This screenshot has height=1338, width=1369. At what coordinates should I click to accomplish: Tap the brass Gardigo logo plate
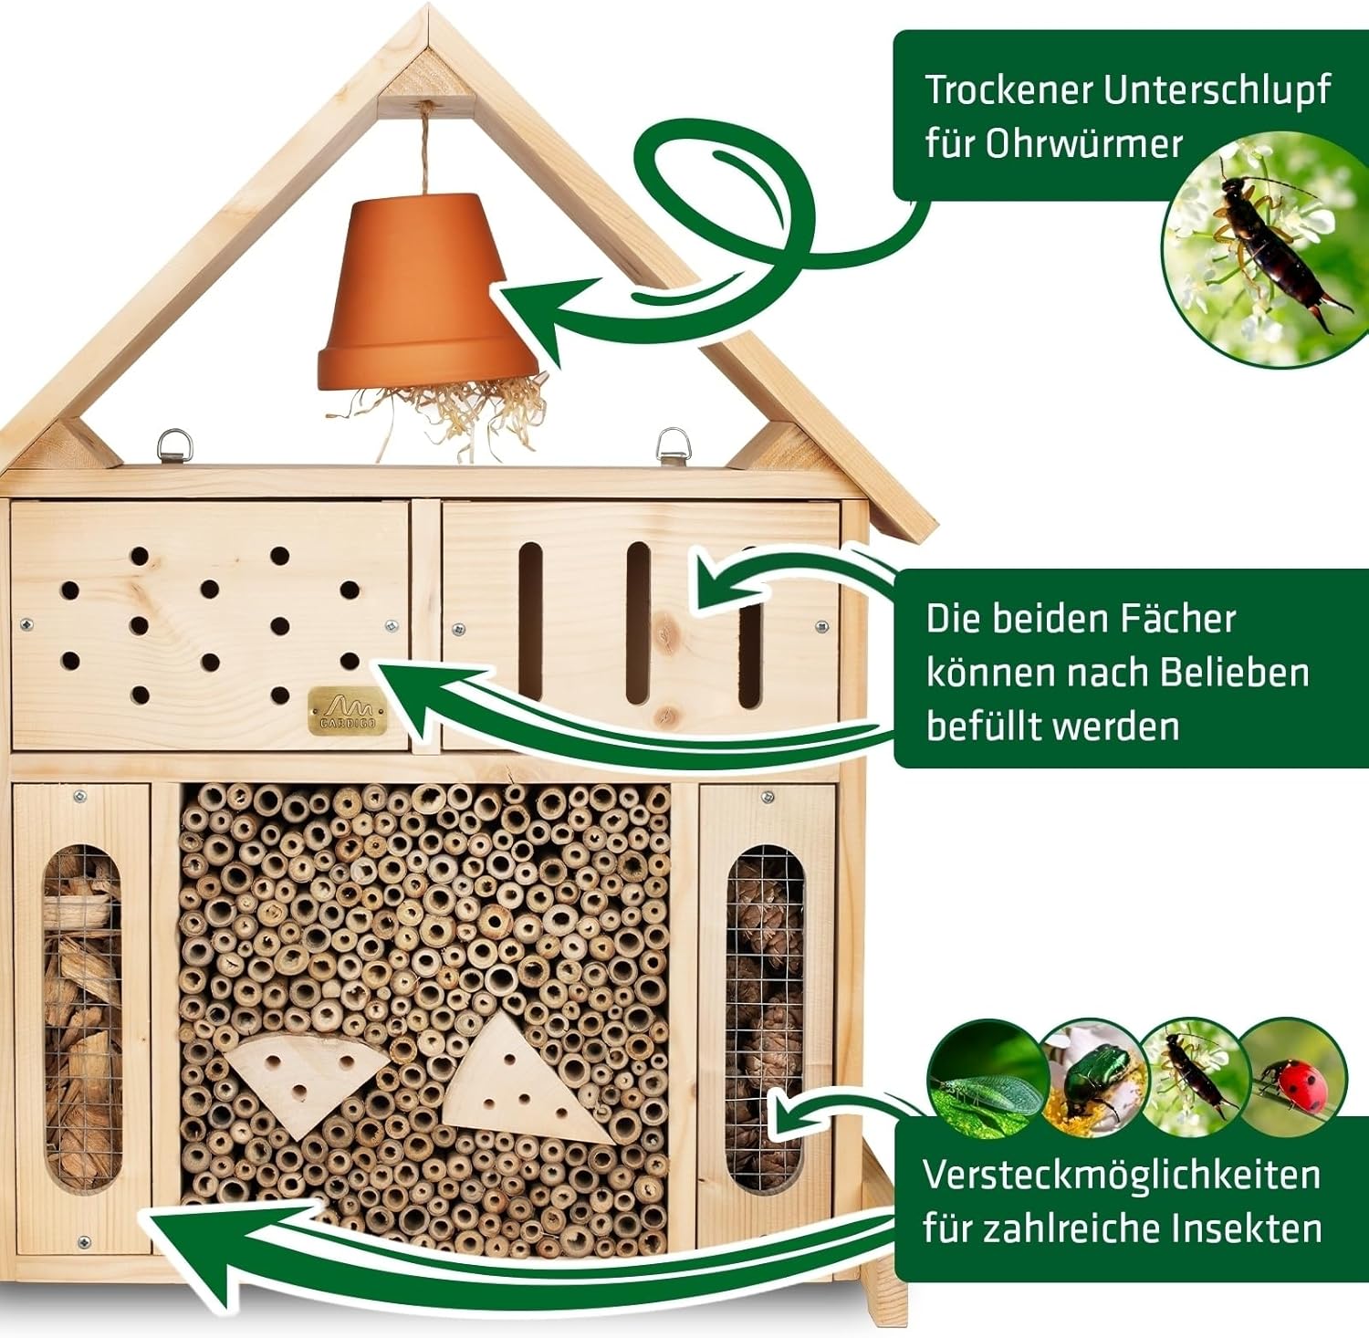click(x=347, y=709)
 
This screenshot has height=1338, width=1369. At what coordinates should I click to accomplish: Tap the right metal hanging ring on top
click(x=674, y=444)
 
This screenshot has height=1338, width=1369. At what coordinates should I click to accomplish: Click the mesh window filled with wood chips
click(x=82, y=1018)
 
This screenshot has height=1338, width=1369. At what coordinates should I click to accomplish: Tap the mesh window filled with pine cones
click(x=766, y=1018)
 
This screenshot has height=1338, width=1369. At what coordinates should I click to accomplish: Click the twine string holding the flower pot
click(x=424, y=147)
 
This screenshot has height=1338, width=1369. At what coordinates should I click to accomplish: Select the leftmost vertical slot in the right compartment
click(x=530, y=621)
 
